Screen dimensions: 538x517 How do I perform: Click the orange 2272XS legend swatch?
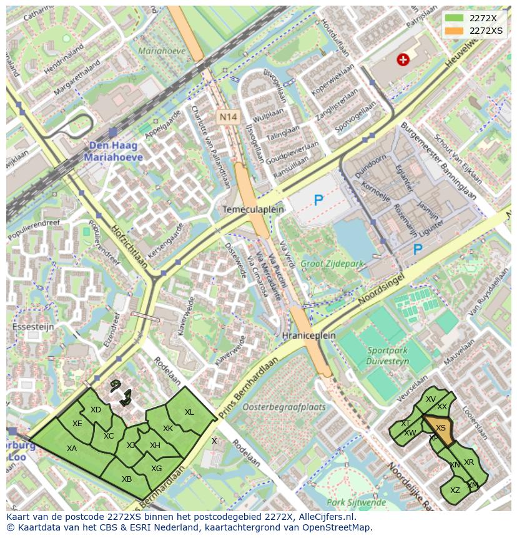[x=455, y=30]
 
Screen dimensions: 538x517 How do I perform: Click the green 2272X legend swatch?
[x=455, y=18]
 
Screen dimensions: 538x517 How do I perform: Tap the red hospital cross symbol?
[x=403, y=60]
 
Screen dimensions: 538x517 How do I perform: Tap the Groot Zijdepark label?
[x=332, y=264]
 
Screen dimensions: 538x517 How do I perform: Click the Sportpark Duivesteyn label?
[x=388, y=356]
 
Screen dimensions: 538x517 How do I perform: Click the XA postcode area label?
[x=72, y=449]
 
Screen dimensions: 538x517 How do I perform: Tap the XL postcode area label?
[x=189, y=412]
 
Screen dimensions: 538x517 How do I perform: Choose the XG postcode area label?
[x=156, y=469]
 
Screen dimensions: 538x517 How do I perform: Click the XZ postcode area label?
[x=455, y=491]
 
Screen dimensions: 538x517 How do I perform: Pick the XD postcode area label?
[x=96, y=410]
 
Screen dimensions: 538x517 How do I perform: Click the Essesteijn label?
[x=33, y=326]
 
